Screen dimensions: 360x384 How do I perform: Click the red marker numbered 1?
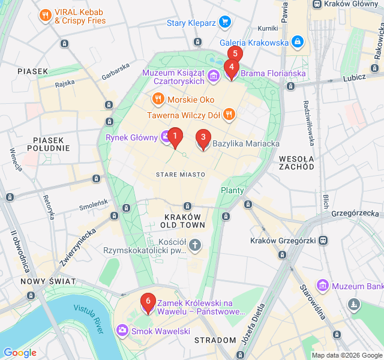coord(175,137)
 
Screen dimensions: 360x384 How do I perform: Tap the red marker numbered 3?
coord(203,139)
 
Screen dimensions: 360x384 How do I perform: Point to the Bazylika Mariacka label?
coord(247,144)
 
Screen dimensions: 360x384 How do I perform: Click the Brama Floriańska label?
coord(273,74)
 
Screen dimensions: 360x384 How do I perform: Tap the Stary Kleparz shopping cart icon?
coord(225,23)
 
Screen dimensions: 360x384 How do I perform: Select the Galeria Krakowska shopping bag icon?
coord(297,42)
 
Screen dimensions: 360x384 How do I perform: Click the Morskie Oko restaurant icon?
coord(158,98)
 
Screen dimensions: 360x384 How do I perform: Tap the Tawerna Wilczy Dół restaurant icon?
coord(229,114)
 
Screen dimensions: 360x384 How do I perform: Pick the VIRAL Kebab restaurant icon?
coord(45,16)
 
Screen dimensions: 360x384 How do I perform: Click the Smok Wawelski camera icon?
coord(122,331)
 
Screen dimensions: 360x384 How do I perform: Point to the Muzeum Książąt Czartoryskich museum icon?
coord(214,77)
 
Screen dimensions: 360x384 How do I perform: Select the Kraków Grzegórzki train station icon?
coord(323,241)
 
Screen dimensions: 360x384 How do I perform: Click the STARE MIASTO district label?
coord(181,175)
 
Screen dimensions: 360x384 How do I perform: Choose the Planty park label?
coord(232,190)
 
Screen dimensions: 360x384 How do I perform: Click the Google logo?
coord(20,353)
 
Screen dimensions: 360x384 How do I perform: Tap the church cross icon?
coord(196,245)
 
